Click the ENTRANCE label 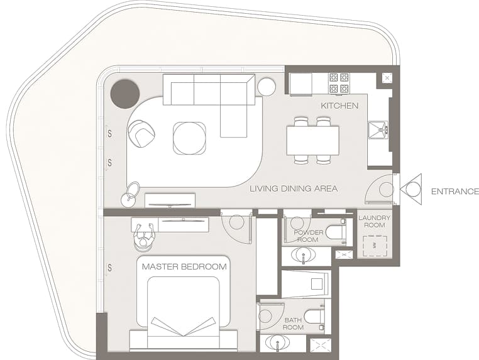(454, 191)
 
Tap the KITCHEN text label (339, 106)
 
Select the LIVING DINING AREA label (294, 188)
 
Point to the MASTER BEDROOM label (184, 266)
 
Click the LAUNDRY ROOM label (374, 221)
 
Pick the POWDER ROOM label (309, 236)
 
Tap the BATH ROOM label (293, 324)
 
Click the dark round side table (125, 94)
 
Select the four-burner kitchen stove (339, 83)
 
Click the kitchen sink (379, 129)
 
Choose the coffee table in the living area (189, 138)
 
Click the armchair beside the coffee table (141, 133)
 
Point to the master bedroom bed (184, 308)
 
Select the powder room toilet (334, 232)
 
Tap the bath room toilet (314, 316)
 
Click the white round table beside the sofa (267, 87)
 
